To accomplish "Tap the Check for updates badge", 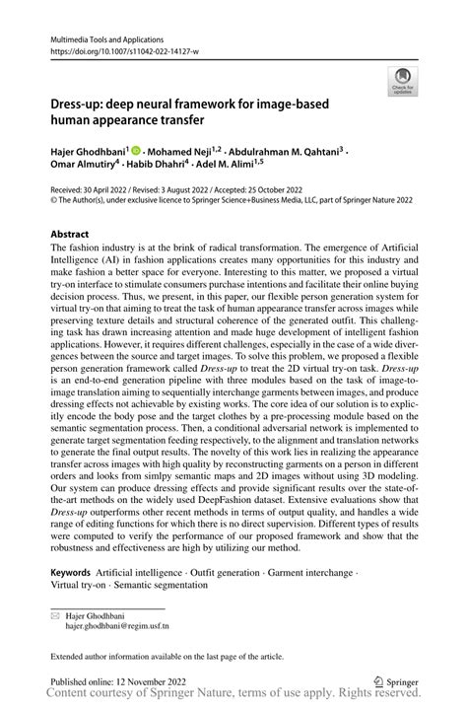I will (x=402, y=85).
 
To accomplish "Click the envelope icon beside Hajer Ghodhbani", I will (x=55, y=614).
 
